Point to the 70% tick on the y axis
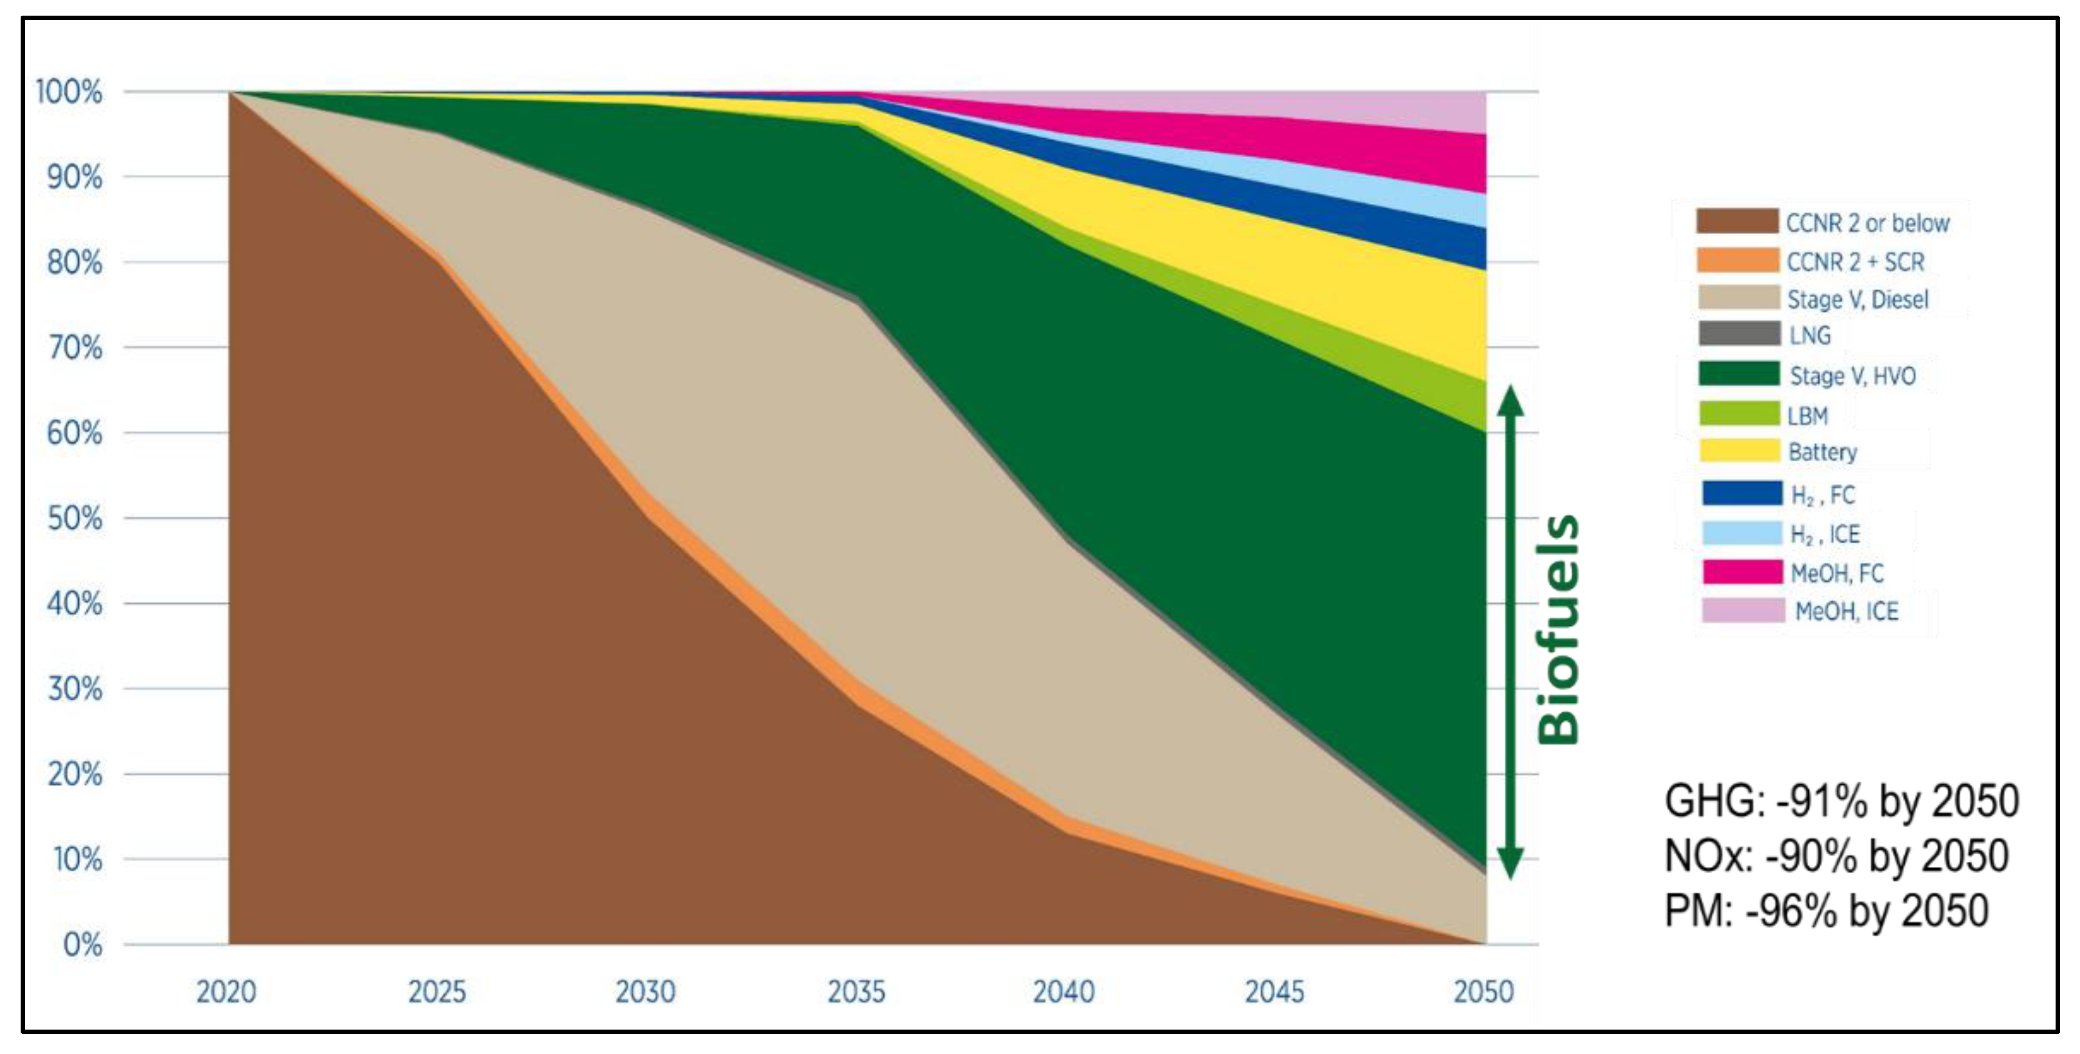pyautogui.click(x=74, y=348)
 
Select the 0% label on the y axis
pyautogui.click(x=83, y=944)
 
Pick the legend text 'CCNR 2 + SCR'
pyautogui.click(x=1855, y=262)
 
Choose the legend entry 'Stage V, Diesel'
pyautogui.click(x=1857, y=300)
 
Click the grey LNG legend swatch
pyautogui.click(x=1738, y=334)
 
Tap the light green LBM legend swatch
pyautogui.click(x=1738, y=414)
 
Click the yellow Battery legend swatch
pyautogui.click(x=1739, y=451)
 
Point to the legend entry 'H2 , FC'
pyautogui.click(x=1822, y=494)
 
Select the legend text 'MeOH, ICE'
pyautogui.click(x=1846, y=611)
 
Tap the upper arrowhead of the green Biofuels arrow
pyautogui.click(x=1510, y=400)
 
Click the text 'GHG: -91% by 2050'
pyautogui.click(x=1841, y=801)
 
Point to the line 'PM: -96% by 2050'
pyautogui.click(x=1826, y=911)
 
